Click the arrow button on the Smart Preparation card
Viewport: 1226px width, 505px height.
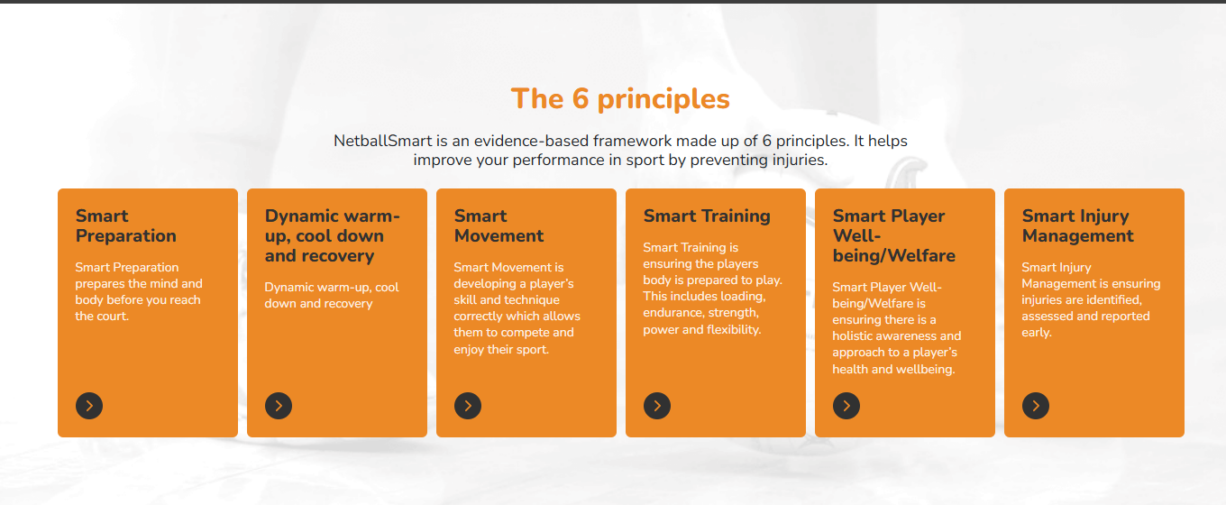click(89, 406)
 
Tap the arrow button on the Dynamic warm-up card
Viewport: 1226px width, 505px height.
click(279, 406)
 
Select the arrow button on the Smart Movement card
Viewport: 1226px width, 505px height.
click(468, 406)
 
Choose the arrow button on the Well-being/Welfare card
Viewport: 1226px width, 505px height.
click(846, 406)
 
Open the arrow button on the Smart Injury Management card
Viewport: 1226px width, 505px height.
click(1036, 406)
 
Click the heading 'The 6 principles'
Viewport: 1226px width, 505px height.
click(620, 99)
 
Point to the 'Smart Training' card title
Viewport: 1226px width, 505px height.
click(707, 216)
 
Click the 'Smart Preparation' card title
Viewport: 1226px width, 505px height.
click(126, 225)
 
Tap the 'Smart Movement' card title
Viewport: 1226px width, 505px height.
click(499, 225)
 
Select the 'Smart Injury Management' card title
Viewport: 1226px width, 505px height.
click(1077, 225)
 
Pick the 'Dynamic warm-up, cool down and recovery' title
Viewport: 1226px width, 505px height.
click(333, 235)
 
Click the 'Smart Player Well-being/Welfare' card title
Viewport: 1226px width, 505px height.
click(893, 235)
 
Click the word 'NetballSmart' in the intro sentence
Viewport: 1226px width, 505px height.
click(382, 141)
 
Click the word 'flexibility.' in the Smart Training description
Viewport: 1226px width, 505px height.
click(734, 330)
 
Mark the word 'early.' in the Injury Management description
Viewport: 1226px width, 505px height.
click(1037, 333)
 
